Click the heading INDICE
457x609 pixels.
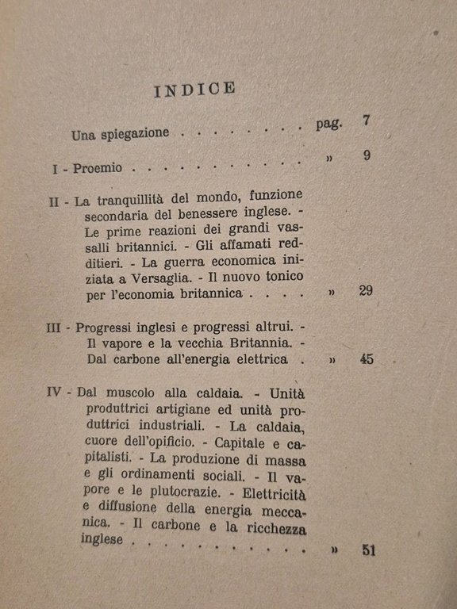point(194,90)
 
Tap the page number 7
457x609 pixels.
point(365,121)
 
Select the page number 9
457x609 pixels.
point(367,155)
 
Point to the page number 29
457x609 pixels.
point(365,291)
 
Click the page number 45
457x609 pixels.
point(366,359)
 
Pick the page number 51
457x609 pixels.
point(367,550)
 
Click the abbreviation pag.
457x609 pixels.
point(326,125)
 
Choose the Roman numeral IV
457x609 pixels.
point(61,393)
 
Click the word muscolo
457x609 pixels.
point(151,393)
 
